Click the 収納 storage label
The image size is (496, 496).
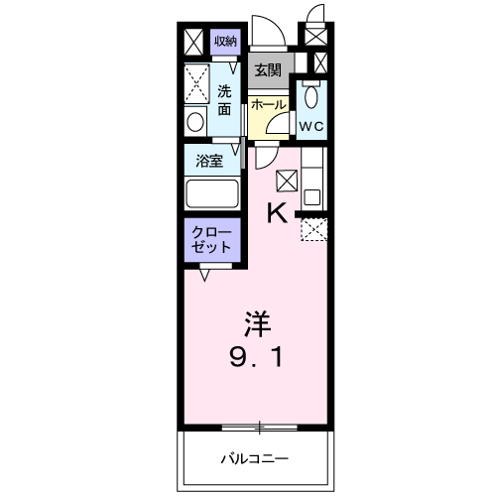point(225,41)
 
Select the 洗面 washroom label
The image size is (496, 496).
point(225,100)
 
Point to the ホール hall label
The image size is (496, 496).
point(268,104)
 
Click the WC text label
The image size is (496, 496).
point(311,126)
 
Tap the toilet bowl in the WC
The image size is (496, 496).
point(311,98)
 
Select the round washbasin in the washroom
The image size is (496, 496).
point(195,122)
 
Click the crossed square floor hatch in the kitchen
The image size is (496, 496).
point(287,179)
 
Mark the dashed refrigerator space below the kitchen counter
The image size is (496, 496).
point(312,229)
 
